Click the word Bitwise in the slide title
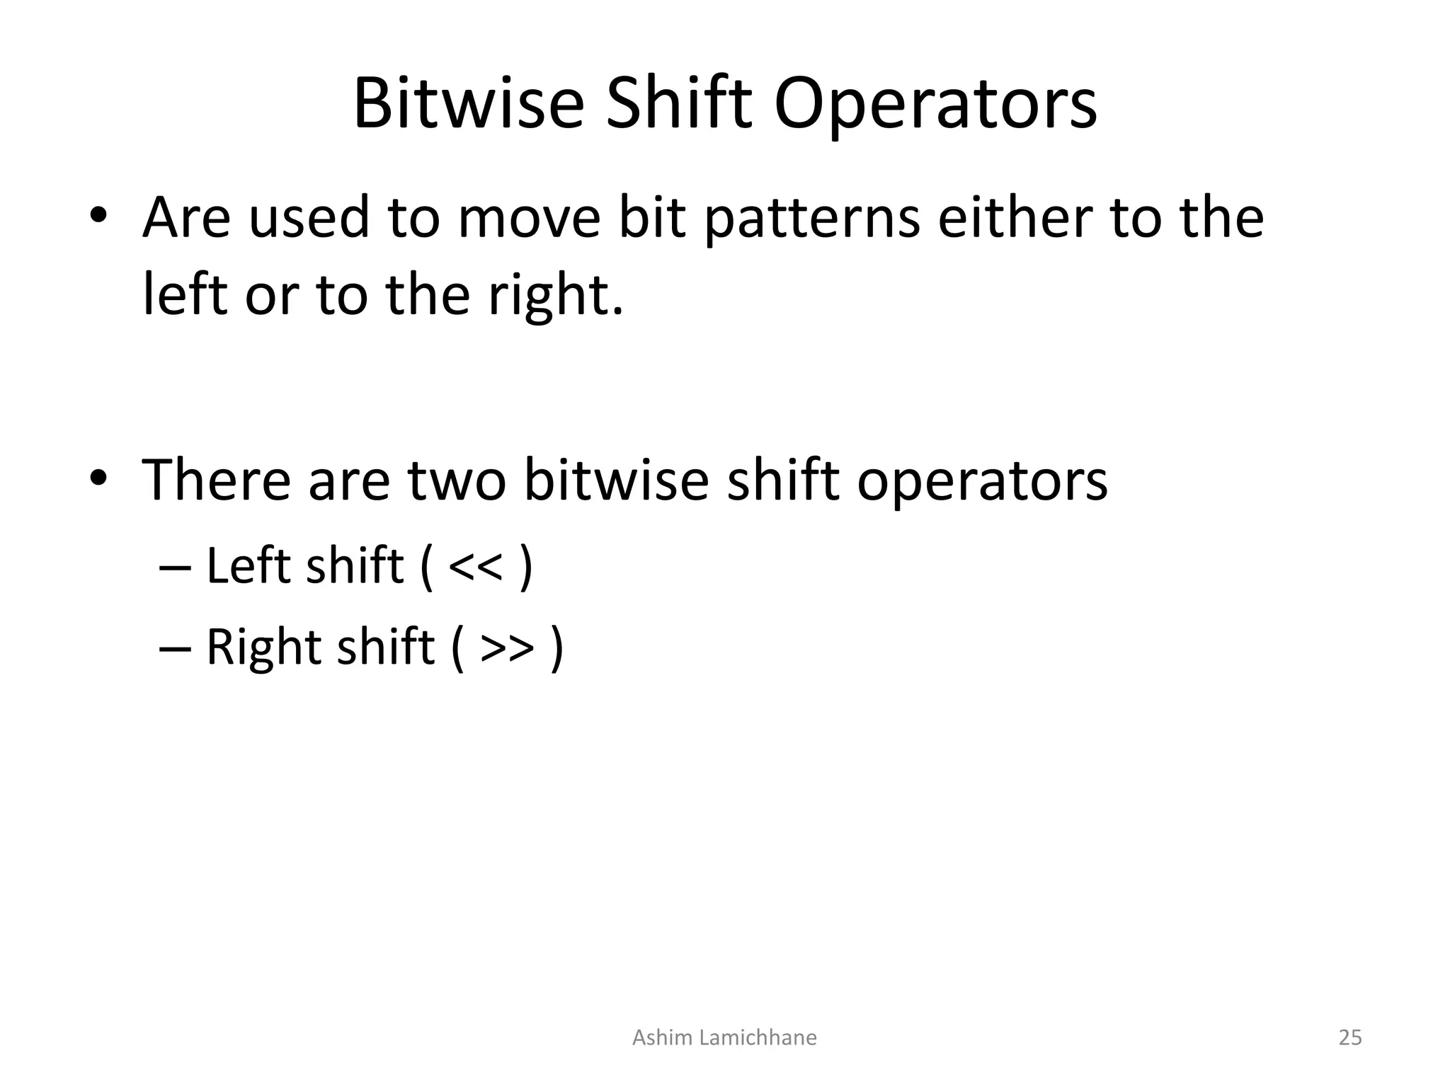468,105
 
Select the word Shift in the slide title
678,105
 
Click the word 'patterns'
812,219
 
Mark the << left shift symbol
476,567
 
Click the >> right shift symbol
507,648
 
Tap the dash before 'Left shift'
175,567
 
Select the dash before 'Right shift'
175,648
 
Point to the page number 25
1349,1037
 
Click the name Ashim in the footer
662,1037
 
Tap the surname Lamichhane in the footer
758,1037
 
